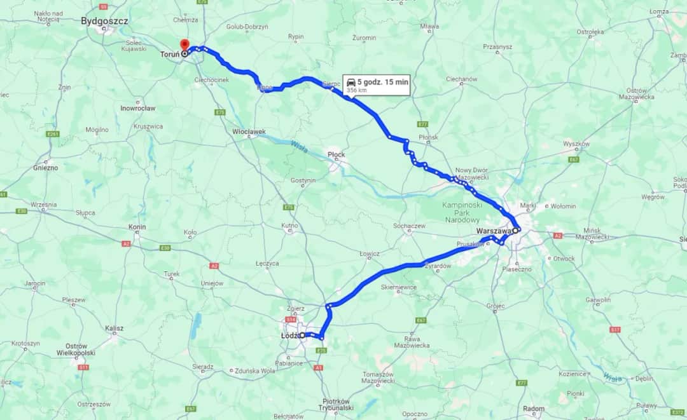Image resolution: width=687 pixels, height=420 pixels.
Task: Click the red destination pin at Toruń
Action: pyautogui.click(x=184, y=44)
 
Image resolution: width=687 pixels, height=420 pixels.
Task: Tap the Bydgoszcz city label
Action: pyautogui.click(x=105, y=21)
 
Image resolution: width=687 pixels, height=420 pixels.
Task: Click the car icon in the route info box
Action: pyautogui.click(x=350, y=82)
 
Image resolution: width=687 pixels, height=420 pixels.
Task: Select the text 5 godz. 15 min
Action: pyautogui.click(x=382, y=82)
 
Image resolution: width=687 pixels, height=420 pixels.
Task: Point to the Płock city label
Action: pyautogui.click(x=335, y=154)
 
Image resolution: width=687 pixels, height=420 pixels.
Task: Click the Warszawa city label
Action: pyautogui.click(x=494, y=231)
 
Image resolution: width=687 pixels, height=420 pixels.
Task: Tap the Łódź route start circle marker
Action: pyautogui.click(x=303, y=335)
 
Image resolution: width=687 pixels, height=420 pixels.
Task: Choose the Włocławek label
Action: pyautogui.click(x=248, y=132)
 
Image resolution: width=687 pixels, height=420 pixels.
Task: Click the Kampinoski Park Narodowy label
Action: pyautogui.click(x=462, y=212)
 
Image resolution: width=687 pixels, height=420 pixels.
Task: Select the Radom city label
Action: pyautogui.click(x=533, y=409)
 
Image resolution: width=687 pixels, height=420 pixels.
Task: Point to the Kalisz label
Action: pyautogui.click(x=114, y=329)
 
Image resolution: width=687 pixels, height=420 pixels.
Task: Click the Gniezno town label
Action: pyautogui.click(x=45, y=168)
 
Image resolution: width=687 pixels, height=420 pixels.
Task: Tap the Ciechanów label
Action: pyautogui.click(x=461, y=79)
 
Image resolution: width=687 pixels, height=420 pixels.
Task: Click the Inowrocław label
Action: pyautogui.click(x=137, y=108)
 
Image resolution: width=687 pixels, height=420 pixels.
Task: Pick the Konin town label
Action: pyautogui.click(x=137, y=227)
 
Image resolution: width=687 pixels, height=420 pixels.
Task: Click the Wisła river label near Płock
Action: pyautogui.click(x=299, y=147)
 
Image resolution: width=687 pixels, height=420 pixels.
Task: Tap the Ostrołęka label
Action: pyautogui.click(x=590, y=31)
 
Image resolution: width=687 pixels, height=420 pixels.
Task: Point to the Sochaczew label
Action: pyautogui.click(x=409, y=226)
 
